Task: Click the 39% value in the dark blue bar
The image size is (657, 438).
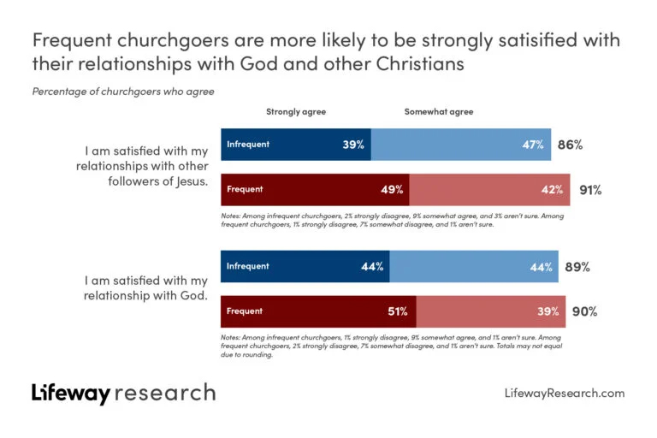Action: click(353, 145)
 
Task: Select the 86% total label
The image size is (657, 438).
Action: click(570, 145)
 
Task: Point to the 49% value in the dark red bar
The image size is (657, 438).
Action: click(392, 189)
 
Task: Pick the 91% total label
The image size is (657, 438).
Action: click(590, 189)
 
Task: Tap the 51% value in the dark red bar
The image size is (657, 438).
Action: click(400, 311)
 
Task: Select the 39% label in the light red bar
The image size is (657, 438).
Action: click(548, 311)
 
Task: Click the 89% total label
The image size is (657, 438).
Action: click(577, 267)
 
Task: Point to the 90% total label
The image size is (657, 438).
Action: click(584, 311)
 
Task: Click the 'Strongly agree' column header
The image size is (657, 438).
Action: click(296, 112)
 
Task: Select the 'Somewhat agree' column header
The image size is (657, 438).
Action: click(439, 112)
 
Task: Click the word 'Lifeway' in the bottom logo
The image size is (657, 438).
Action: click(71, 394)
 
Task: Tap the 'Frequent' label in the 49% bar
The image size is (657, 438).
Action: click(245, 189)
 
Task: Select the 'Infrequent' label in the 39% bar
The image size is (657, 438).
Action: click(248, 145)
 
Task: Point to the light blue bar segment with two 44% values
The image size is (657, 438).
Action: click(475, 267)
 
